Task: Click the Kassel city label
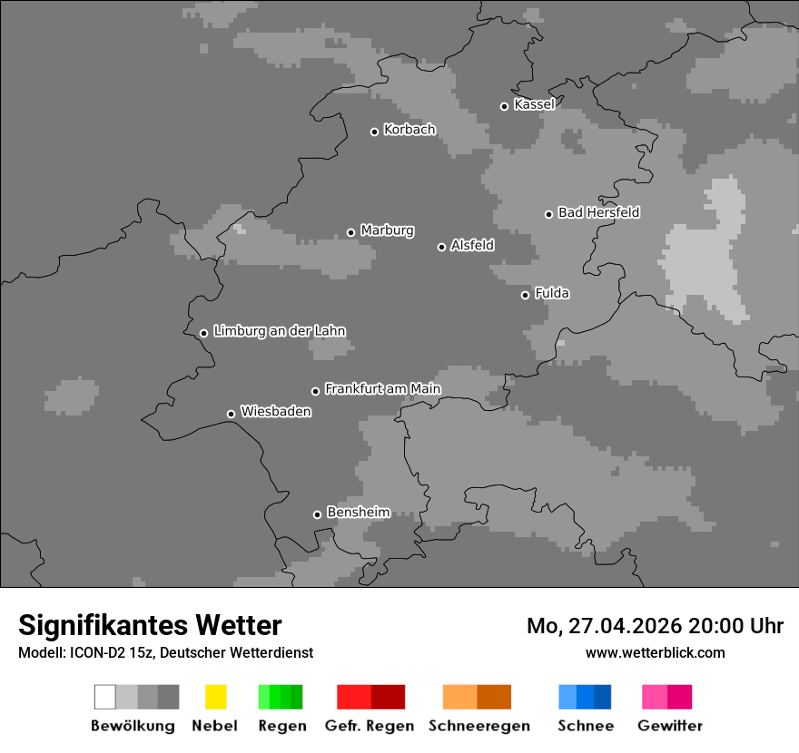pos(534,104)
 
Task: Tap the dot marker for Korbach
pos(374,132)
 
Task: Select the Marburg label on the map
pos(387,230)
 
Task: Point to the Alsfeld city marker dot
pos(441,247)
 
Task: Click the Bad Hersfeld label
pos(598,212)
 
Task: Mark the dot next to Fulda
pos(525,295)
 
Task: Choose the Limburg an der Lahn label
pos(279,331)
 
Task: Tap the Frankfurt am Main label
pos(382,389)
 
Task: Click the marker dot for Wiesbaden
pos(231,414)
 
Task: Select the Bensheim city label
pos(358,513)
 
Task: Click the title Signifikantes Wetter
pos(150,625)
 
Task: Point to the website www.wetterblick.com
pos(655,652)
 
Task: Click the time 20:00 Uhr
pos(736,626)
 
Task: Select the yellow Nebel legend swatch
pos(215,697)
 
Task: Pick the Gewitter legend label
pos(670,726)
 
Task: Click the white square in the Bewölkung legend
pos(104,697)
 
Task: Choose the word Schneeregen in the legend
pos(478,726)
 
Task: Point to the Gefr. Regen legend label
pos(370,726)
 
